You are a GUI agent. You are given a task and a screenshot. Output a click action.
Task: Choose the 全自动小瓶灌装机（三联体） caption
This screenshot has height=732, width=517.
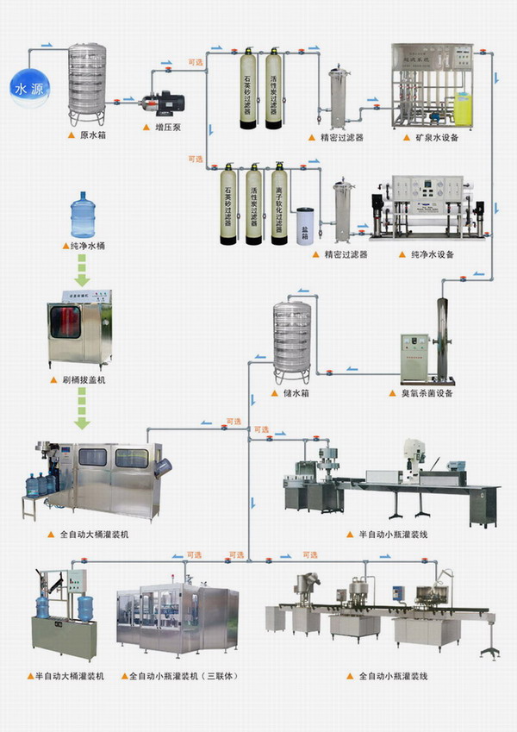[x=180, y=676]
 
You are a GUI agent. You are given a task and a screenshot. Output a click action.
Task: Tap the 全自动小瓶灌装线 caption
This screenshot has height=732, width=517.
[x=393, y=676]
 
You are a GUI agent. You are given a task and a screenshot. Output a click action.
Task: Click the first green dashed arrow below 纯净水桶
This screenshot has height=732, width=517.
[x=82, y=272]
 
